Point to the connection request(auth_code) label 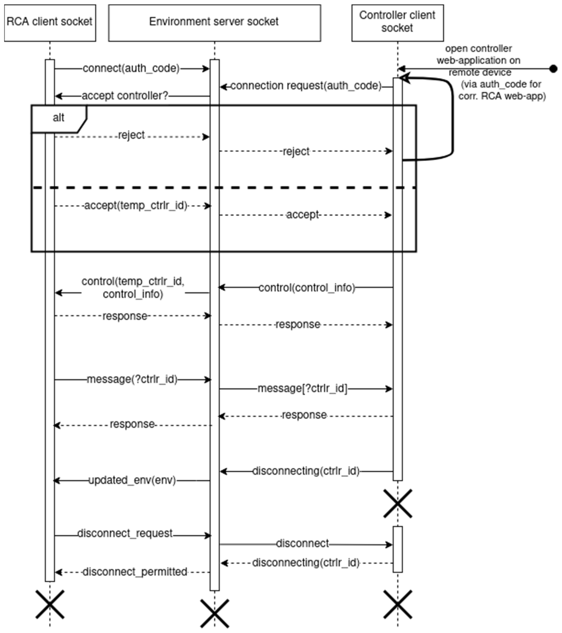pyautogui.click(x=306, y=86)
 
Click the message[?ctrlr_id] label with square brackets pyautogui.click(x=302, y=388)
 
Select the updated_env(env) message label pyautogui.click(x=132, y=480)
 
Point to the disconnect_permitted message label pyautogui.click(x=135, y=572)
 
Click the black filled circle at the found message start pyautogui.click(x=553, y=69)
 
